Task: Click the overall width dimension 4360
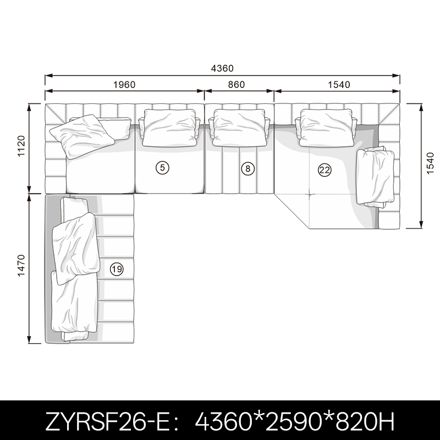tap(222, 68)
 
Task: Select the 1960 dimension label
tap(124, 85)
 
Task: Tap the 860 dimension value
tap(237, 85)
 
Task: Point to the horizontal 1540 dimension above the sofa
tap(339, 85)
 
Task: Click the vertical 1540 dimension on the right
tap(430, 163)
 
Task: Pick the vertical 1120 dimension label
tap(21, 146)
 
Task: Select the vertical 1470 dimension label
tap(21, 266)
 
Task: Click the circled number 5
tap(162, 168)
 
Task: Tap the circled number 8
tap(248, 169)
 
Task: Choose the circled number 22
tap(324, 170)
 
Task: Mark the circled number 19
tap(117, 269)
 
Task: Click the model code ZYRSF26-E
tap(107, 421)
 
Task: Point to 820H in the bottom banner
tap(365, 421)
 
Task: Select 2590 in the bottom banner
tap(293, 421)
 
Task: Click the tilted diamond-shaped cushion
tap(82, 136)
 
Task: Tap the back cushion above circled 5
tap(169, 128)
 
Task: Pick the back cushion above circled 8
tap(239, 128)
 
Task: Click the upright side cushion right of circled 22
tap(375, 177)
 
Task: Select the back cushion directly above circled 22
tap(326, 128)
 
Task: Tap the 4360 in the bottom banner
tap(223, 421)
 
